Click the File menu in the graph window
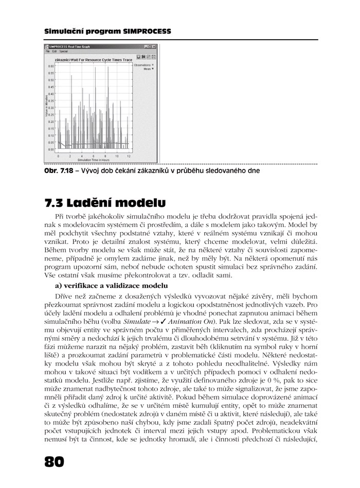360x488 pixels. pos(47,52)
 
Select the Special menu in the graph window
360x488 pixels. pos(63,52)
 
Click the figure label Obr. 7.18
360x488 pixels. pos(56,170)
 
